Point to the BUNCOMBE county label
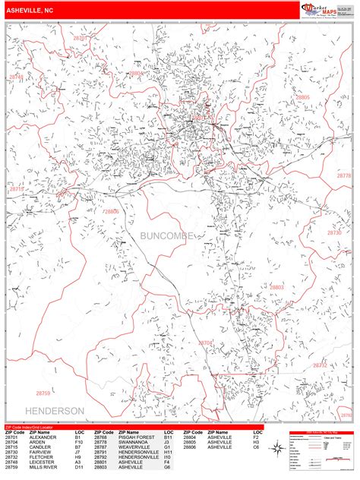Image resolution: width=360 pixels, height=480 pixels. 166,238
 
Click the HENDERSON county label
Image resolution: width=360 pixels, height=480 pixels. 55,410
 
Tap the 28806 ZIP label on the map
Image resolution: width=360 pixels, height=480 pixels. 111,212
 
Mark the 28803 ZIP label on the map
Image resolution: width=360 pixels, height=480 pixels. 276,287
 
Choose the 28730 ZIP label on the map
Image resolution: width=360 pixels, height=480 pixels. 335,232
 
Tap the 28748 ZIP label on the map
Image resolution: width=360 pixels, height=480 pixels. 15,77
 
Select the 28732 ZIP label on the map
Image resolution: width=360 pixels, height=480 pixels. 321,365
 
